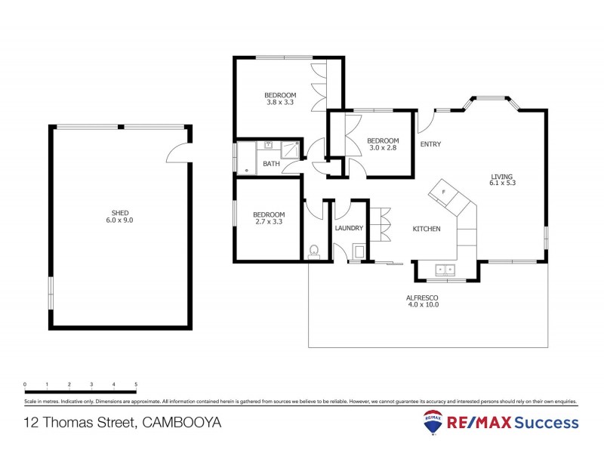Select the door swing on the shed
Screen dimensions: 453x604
pyautogui.click(x=176, y=153)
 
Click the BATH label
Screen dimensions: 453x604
pyautogui.click(x=270, y=164)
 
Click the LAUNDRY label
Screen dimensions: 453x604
pyautogui.click(x=349, y=228)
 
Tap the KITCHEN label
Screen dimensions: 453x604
pyautogui.click(x=427, y=229)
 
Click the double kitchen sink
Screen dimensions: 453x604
pyautogui.click(x=444, y=269)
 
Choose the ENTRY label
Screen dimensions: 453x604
pyautogui.click(x=430, y=144)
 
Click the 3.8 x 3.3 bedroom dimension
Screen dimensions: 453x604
pyautogui.click(x=279, y=102)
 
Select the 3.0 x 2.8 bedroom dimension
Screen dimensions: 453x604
pyautogui.click(x=383, y=148)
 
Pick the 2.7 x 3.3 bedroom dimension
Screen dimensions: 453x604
pyautogui.click(x=269, y=222)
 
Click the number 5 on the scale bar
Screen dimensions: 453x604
pyautogui.click(x=136, y=384)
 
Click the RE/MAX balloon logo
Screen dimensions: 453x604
pyautogui.click(x=433, y=423)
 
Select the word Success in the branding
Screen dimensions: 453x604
pyautogui.click(x=547, y=422)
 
